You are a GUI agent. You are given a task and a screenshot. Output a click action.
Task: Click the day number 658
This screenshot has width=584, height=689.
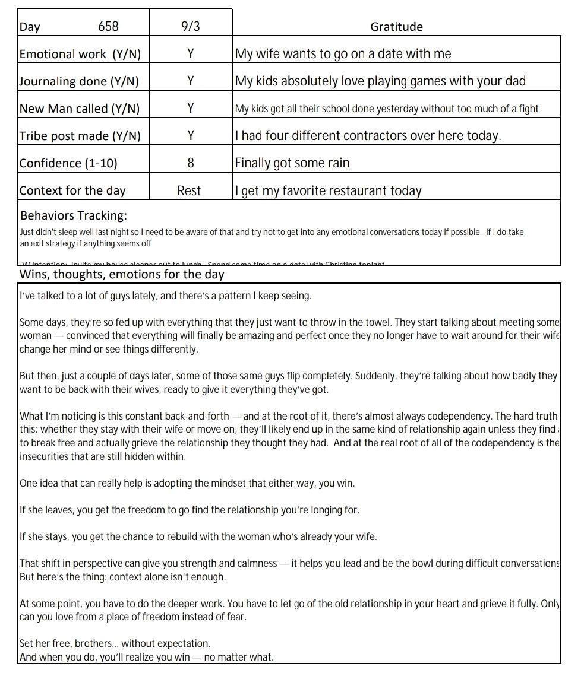click(x=108, y=27)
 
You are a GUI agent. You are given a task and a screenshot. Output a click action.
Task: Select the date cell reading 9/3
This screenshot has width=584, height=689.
click(x=190, y=27)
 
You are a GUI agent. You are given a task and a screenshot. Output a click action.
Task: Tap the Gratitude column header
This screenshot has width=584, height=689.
click(x=396, y=27)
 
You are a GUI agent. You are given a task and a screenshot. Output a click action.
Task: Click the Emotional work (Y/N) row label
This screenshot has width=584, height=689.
click(x=80, y=54)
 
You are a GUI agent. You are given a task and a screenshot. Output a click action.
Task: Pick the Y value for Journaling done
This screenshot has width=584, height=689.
click(x=190, y=81)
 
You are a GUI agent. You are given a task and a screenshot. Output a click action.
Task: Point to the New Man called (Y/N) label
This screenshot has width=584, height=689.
click(x=80, y=109)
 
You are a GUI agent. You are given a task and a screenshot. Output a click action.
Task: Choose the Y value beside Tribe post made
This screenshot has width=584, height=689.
click(x=190, y=136)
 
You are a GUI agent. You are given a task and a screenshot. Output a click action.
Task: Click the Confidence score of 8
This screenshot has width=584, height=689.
click(x=190, y=163)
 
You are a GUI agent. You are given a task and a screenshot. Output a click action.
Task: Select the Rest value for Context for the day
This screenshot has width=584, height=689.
click(x=189, y=190)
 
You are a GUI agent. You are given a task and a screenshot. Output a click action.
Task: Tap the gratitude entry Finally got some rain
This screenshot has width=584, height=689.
click(x=292, y=163)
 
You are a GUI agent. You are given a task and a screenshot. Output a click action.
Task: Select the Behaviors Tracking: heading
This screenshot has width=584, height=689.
click(x=74, y=215)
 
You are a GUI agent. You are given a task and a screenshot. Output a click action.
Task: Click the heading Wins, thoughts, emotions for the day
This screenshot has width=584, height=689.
click(x=122, y=274)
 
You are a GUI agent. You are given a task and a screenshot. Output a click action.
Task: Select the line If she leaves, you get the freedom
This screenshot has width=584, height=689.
click(x=189, y=510)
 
